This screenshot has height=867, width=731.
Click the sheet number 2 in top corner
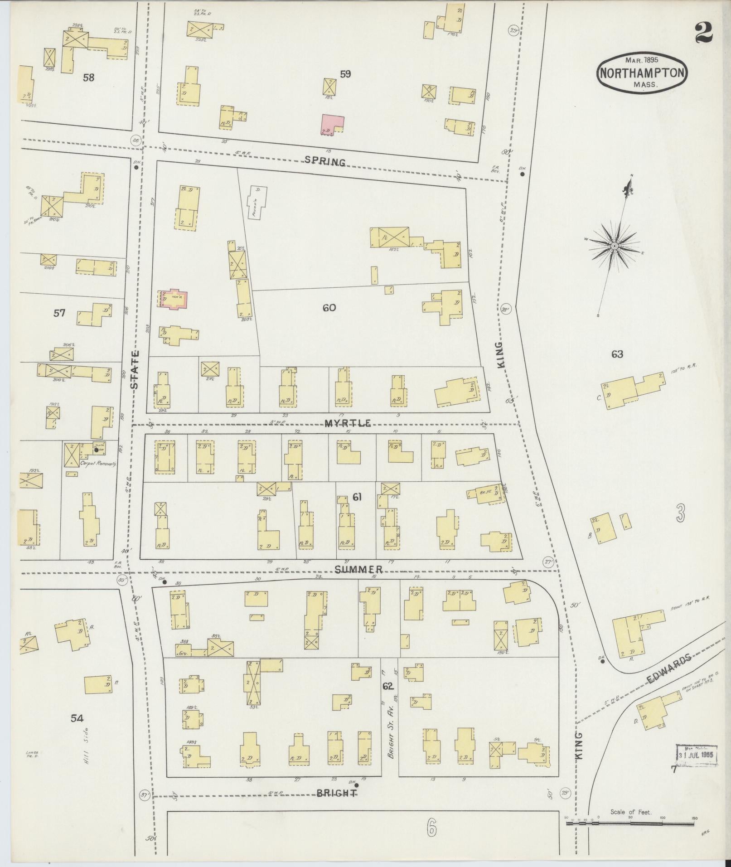pyautogui.click(x=704, y=33)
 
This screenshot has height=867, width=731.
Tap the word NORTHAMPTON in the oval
pyautogui.click(x=642, y=73)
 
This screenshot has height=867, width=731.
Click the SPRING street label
pyautogui.click(x=325, y=161)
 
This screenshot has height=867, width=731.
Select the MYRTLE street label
pyautogui.click(x=348, y=423)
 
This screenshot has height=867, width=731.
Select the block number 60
pyautogui.click(x=329, y=308)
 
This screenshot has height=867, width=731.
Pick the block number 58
pyautogui.click(x=88, y=77)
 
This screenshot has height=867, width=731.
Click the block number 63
pyautogui.click(x=617, y=354)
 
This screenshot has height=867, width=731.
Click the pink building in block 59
pyautogui.click(x=332, y=124)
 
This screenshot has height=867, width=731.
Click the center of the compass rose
pyautogui.click(x=614, y=246)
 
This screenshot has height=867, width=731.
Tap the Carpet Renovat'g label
pyautogui.click(x=98, y=464)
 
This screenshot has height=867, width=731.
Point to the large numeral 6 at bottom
pyautogui.click(x=431, y=829)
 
